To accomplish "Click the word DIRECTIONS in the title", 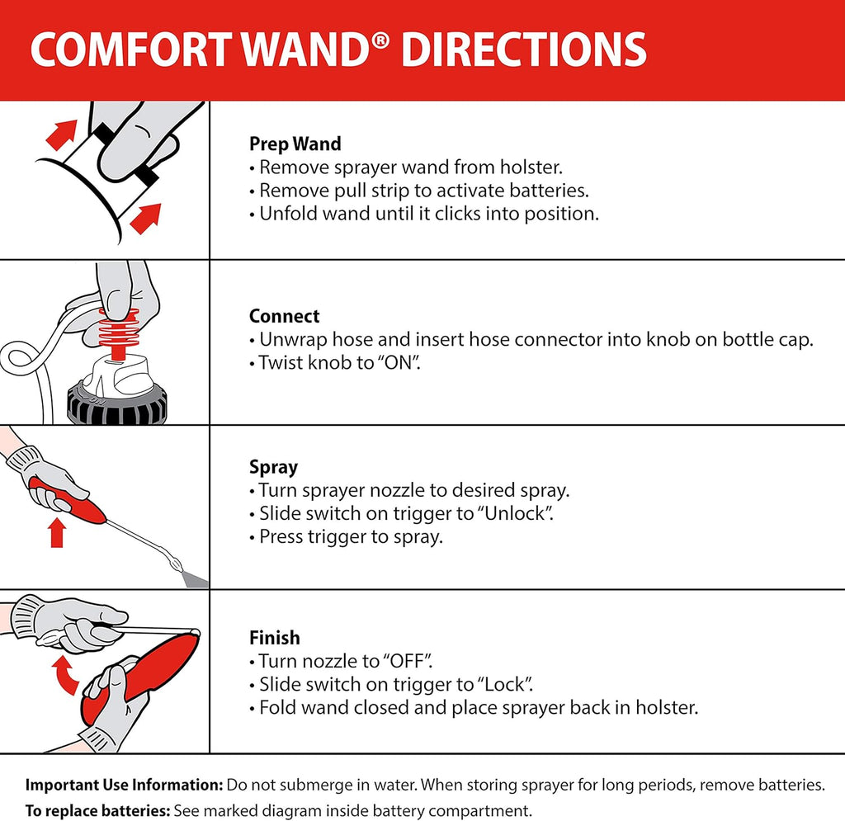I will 523,50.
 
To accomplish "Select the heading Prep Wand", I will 295,144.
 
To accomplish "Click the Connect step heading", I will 284,316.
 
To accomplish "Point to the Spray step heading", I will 273,467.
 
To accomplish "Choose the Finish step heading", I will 274,638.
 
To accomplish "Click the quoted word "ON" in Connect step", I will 399,363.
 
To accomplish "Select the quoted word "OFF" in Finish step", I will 408,661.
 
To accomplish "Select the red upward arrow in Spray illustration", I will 57,532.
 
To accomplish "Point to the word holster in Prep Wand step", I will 533,167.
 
